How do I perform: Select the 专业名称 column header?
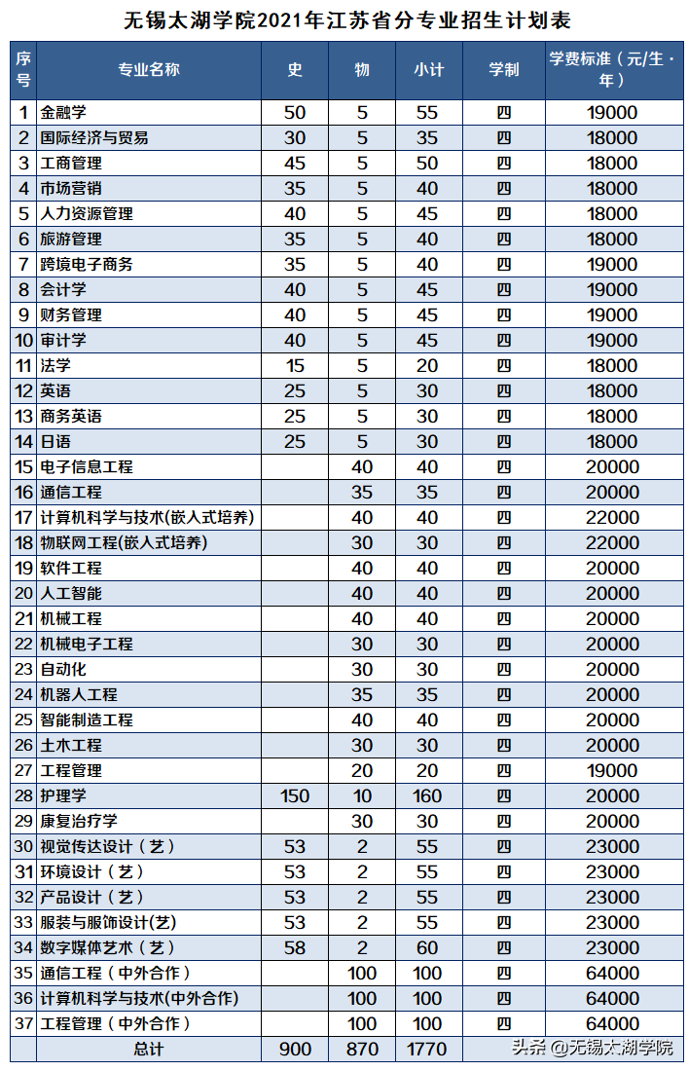point(149,69)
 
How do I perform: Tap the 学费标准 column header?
point(612,69)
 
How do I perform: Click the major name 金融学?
point(64,113)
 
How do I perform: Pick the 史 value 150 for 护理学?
point(295,796)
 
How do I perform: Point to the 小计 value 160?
point(428,796)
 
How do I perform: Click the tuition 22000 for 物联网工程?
point(612,543)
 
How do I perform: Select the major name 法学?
point(55,366)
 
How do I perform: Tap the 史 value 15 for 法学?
point(295,366)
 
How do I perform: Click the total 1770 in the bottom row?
point(428,1050)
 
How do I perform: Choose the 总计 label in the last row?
point(149,1050)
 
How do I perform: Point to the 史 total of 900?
point(295,1050)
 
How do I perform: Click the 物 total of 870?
point(362,1050)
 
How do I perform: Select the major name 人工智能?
point(71,594)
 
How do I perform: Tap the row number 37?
point(23,1024)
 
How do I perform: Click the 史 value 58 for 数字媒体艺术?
point(295,948)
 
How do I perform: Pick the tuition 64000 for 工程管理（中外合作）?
point(612,1024)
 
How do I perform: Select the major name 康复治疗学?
point(79,822)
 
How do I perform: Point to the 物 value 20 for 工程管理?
point(362,771)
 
